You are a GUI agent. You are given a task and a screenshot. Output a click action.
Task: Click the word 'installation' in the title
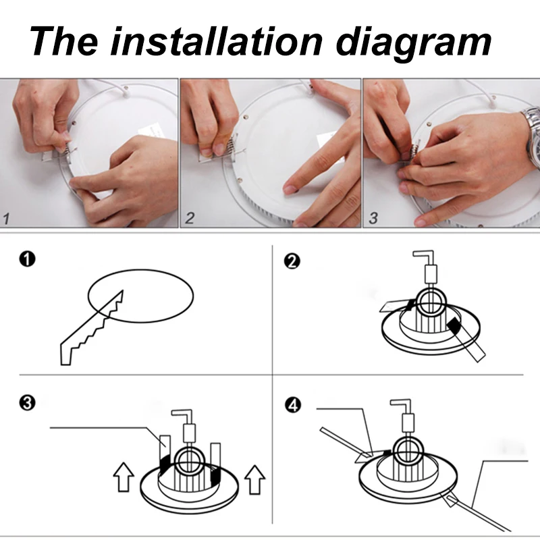click(x=216, y=41)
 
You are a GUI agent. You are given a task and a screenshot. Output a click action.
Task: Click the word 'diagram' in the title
click(x=413, y=44)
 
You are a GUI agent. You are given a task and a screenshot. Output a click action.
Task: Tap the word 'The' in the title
click(x=63, y=41)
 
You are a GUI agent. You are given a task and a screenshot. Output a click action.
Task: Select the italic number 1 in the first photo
click(x=7, y=219)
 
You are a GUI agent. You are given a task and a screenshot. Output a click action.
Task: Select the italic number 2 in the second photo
click(x=190, y=218)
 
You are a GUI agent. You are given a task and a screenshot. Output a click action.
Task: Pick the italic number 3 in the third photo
click(x=373, y=218)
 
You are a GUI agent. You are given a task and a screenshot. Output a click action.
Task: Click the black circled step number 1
click(x=27, y=259)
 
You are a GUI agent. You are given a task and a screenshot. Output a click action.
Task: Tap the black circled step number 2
click(x=292, y=261)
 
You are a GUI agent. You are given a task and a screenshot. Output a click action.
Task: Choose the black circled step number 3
click(x=27, y=402)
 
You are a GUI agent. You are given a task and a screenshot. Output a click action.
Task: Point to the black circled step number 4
click(x=293, y=405)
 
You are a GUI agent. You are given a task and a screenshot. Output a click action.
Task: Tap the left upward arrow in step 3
click(x=124, y=477)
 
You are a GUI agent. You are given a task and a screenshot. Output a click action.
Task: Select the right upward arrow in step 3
click(x=255, y=480)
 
